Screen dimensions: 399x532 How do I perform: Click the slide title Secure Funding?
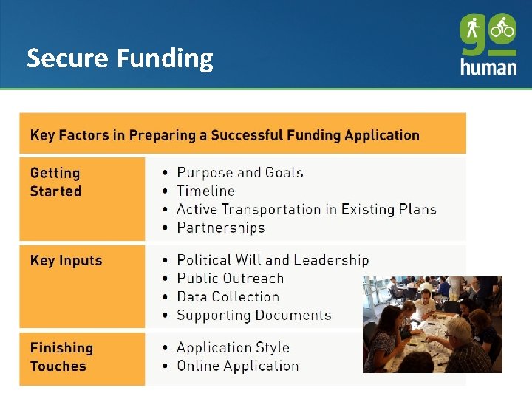[x=120, y=58]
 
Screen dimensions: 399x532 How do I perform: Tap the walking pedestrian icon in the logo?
[x=473, y=30]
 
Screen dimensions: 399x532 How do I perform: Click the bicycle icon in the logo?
[x=502, y=30]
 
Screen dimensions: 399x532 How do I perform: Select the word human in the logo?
[x=488, y=66]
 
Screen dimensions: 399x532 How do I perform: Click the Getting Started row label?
[x=55, y=182]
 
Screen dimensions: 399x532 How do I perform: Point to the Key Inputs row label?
[x=66, y=260]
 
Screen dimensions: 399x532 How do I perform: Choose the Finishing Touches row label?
[x=61, y=357]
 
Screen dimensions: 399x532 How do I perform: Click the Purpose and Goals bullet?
[x=239, y=173]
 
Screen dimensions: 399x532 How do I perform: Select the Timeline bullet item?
[x=205, y=191]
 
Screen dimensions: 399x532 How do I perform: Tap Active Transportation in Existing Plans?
[x=306, y=209]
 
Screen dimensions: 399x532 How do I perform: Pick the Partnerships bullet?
[x=220, y=228]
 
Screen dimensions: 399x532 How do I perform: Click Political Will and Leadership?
[x=272, y=260]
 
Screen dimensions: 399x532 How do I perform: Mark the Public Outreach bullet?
[x=230, y=279]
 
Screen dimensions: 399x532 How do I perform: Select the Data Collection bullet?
[x=228, y=297]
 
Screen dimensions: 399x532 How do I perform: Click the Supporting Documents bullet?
[x=253, y=316]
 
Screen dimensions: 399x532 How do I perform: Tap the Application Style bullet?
[x=233, y=347]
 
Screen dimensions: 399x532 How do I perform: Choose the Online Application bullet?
[x=237, y=366]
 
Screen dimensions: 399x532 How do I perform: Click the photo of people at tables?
[x=432, y=324]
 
